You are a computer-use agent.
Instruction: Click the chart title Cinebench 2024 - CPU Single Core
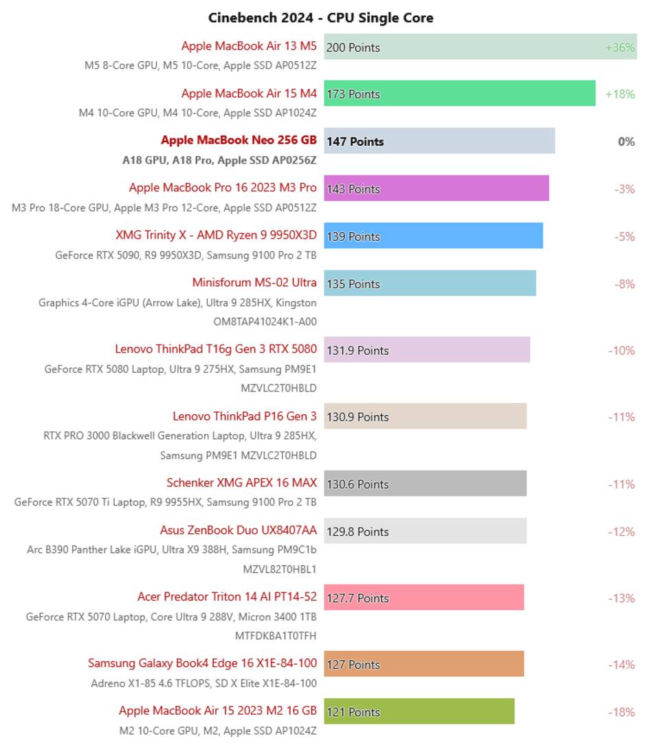321,18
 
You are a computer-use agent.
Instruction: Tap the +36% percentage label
620,47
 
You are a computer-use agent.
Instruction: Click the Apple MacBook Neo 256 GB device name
239,140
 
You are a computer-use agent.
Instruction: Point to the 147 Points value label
355,142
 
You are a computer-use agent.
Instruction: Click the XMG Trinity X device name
216,235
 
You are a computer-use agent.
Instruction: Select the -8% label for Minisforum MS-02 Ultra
624,284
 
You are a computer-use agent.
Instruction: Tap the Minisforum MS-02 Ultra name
254,283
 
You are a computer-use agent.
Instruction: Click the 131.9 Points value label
357,350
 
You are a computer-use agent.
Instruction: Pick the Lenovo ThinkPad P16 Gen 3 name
245,416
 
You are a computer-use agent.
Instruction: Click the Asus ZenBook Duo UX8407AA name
239,530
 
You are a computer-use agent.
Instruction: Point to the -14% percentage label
621,665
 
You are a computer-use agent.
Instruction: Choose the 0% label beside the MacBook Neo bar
626,142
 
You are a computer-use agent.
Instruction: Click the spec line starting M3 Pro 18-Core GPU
164,208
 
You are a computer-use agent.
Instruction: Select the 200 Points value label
353,47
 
